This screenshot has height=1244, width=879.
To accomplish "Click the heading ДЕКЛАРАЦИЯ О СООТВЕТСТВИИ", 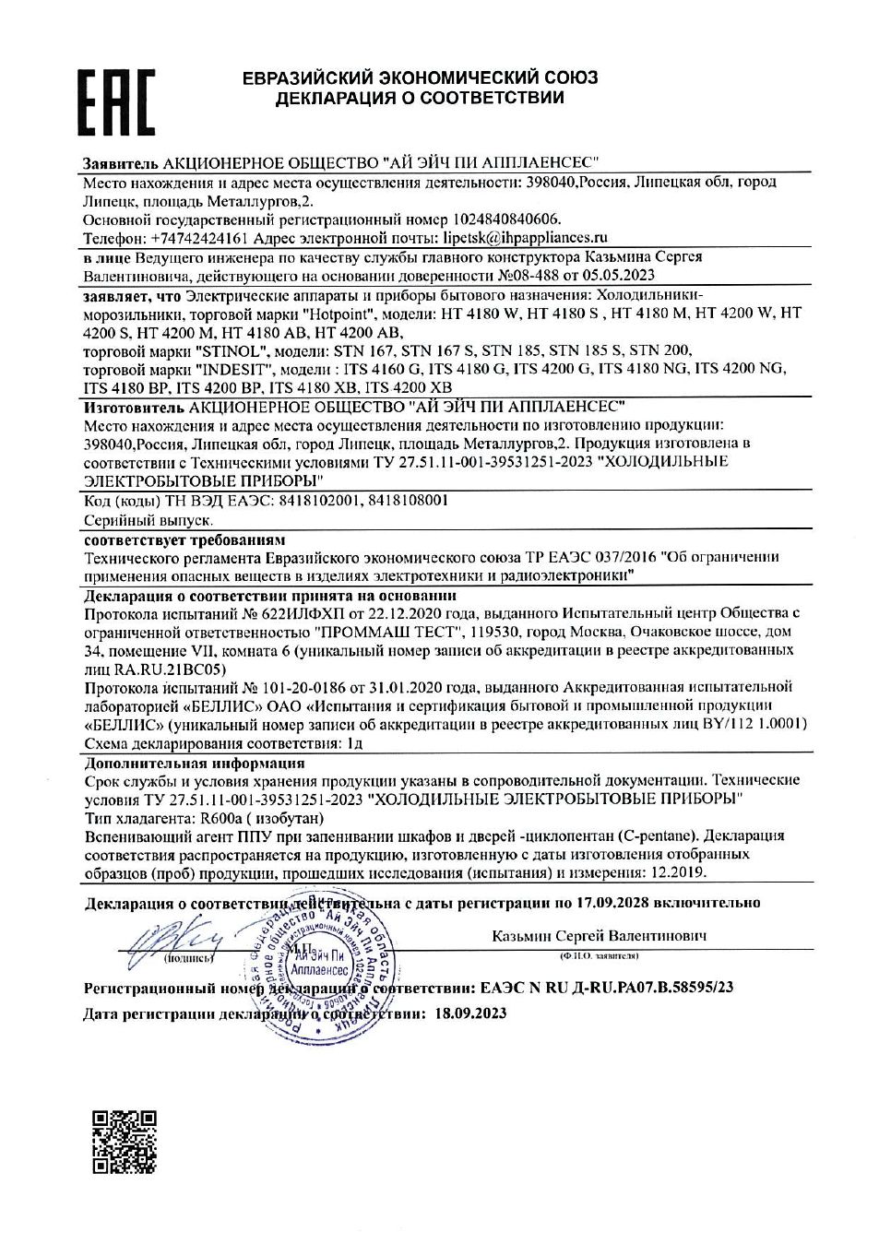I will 420,98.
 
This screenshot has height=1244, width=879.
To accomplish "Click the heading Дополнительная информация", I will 194,763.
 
